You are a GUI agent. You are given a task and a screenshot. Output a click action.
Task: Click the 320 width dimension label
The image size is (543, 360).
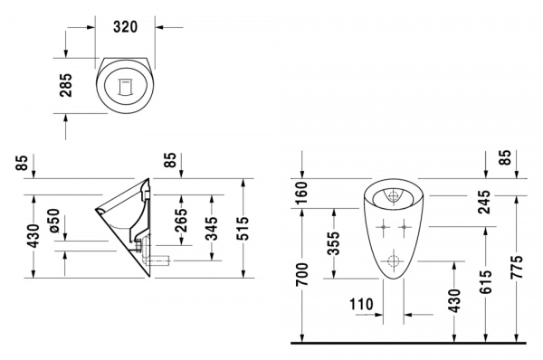(126, 27)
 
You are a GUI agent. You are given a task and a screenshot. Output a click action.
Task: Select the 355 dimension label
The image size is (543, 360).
(334, 244)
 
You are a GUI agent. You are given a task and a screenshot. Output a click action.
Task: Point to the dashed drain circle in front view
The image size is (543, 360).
(395, 262)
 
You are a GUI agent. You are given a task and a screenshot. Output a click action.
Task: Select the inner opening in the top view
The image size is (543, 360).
(126, 85)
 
